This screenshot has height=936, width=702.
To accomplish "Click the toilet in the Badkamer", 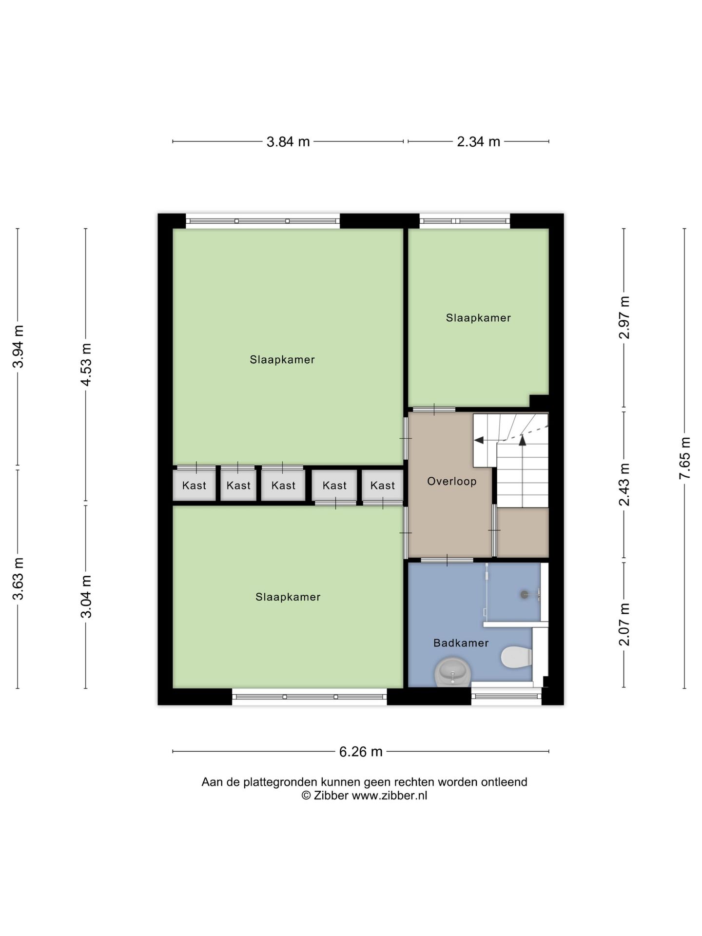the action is [516, 657].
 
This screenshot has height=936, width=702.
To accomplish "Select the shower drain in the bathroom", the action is [525, 594].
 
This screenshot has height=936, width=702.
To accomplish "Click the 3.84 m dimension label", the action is [288, 142].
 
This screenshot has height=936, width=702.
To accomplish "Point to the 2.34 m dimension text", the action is [478, 142].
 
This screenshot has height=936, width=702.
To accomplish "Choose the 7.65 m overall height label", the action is [685, 458].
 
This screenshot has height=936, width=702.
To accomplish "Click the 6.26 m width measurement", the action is [361, 752].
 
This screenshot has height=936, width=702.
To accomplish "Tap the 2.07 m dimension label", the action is [624, 624].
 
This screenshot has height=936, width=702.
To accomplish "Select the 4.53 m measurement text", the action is [86, 365].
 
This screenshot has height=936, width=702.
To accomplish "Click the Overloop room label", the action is [452, 482].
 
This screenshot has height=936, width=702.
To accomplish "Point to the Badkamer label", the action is [461, 643].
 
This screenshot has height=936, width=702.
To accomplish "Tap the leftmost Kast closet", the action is [194, 485].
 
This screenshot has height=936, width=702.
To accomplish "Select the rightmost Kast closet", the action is [383, 485].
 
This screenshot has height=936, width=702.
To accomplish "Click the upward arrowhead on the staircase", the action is [523, 440].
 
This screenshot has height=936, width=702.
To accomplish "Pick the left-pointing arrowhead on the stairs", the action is [479, 440].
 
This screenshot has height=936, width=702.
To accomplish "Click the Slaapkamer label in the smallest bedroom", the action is [478, 318].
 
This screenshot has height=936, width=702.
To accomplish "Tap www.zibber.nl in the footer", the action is [390, 796].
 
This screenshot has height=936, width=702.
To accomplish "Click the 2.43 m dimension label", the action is [624, 485].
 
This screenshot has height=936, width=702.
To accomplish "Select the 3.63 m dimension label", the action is [18, 579].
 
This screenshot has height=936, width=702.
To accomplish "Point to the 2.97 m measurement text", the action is [624, 317].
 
